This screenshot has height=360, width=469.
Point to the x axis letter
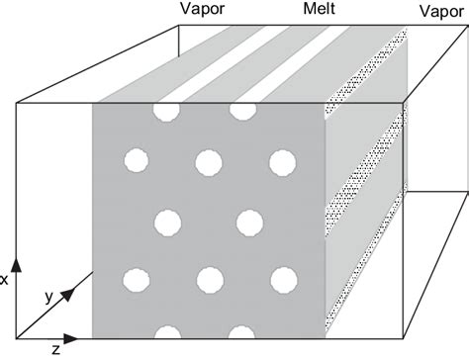5,280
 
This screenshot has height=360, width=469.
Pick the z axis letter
56,348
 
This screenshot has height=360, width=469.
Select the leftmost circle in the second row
136,159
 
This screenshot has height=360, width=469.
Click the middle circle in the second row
209,160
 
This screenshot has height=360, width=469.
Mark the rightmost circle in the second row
284,161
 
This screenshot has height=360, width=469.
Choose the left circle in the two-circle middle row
170,220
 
